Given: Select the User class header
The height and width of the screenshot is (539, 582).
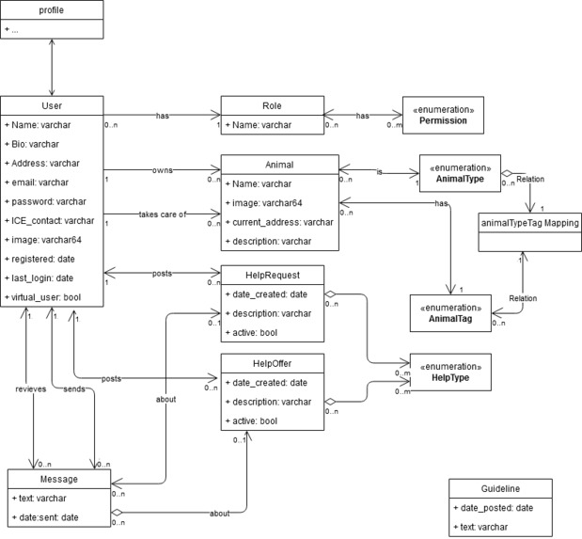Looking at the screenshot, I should pos(51,105).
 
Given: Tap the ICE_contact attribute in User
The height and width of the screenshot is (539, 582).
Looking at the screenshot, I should pos(49,220).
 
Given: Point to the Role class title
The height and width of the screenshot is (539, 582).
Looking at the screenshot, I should pos(272,105).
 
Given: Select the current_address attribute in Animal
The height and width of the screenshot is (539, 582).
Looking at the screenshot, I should pos(279,223).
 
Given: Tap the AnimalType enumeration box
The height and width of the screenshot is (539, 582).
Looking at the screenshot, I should pos(459,174).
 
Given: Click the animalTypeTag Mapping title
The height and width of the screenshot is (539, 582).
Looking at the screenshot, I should pos(528,222).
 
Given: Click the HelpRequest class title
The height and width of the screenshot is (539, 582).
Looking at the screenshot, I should pos(272,273).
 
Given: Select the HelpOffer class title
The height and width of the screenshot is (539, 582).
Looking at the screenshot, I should pos(272,361).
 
